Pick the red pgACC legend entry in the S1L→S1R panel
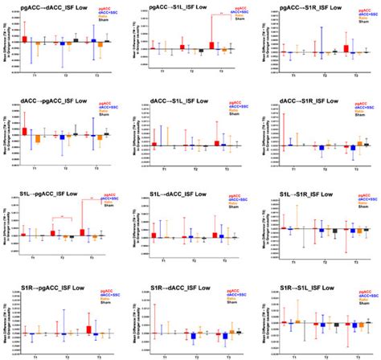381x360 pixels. [x=366, y=195]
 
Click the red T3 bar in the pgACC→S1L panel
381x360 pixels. [x=211, y=47]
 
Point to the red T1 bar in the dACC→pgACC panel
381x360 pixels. [x=25, y=130]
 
